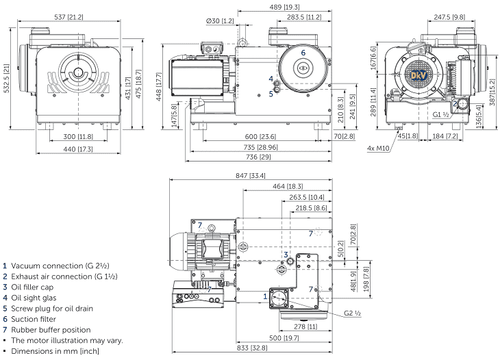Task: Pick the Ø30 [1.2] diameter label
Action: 219,21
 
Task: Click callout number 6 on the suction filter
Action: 303,53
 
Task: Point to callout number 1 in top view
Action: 265,296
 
